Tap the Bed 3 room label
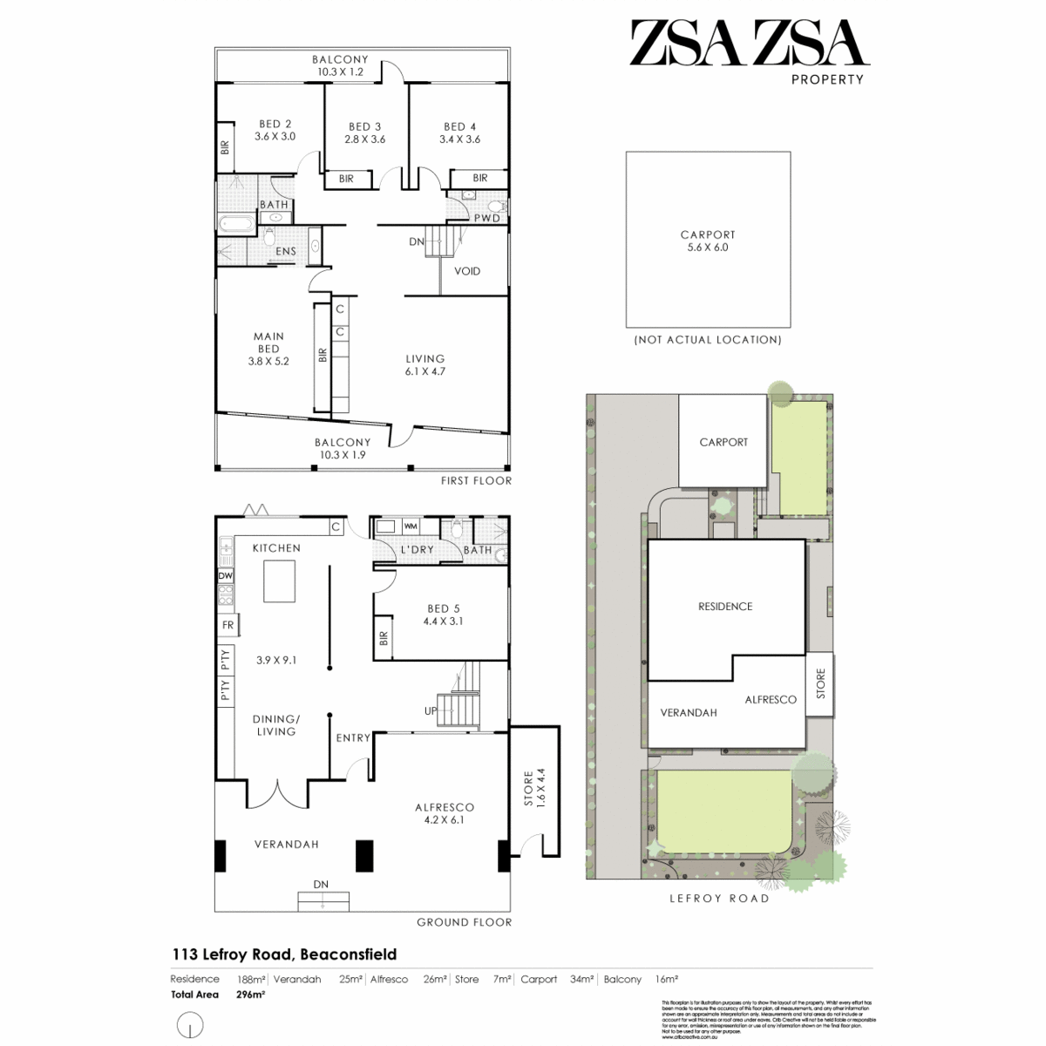(364, 132)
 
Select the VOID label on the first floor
(467, 271)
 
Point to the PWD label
(487, 218)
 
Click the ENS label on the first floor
(286, 251)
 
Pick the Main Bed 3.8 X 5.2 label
(268, 349)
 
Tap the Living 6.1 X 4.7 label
(425, 364)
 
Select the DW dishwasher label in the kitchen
(226, 576)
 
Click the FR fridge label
(228, 625)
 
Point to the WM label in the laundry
(411, 526)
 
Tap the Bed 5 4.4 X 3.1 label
(439, 615)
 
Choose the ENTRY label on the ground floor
(353, 738)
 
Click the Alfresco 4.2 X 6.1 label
(445, 813)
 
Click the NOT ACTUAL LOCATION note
(708, 340)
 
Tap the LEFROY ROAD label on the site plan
(718, 899)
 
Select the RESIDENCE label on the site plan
(725, 607)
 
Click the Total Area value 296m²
(251, 994)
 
